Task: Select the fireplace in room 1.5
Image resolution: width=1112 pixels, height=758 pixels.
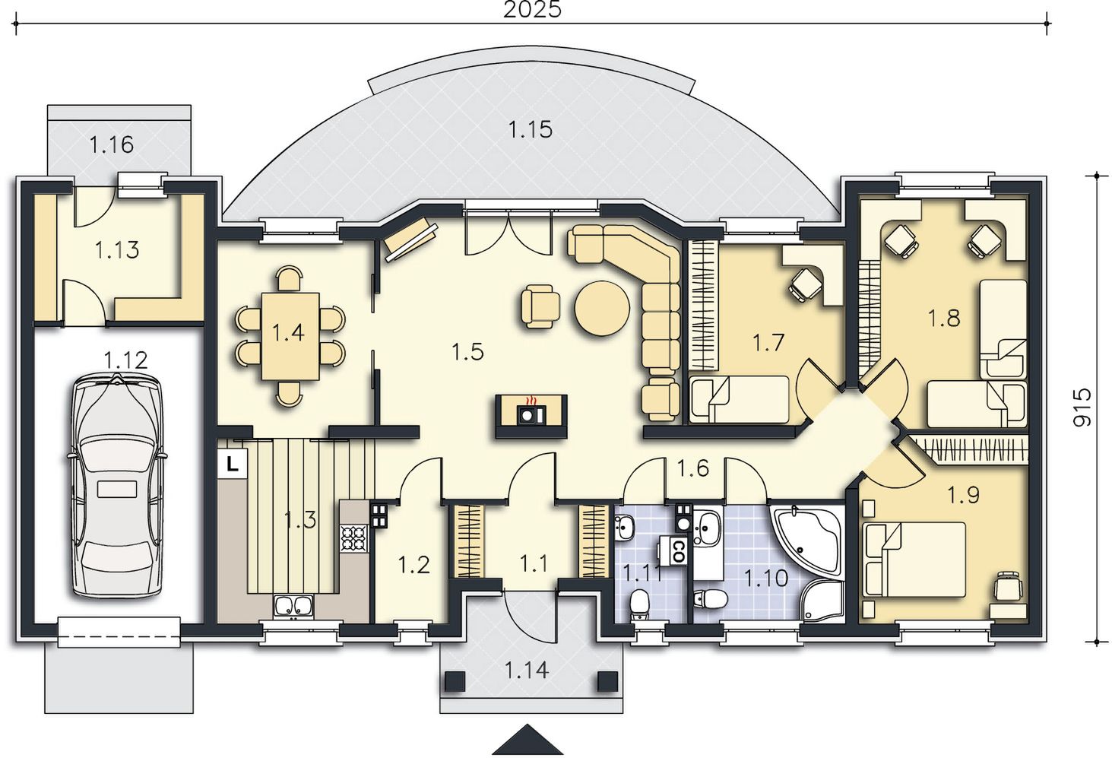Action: click(x=531, y=416)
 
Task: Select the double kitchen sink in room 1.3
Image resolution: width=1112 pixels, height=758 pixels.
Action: click(x=293, y=606)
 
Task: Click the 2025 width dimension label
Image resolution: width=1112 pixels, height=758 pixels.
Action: click(x=532, y=10)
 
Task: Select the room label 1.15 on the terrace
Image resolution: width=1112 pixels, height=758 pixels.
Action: click(x=531, y=129)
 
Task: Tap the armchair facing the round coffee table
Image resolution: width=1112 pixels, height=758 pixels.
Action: click(x=540, y=306)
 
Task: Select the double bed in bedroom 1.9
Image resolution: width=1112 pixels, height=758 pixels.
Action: click(x=915, y=560)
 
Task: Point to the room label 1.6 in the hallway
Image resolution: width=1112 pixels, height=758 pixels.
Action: click(x=693, y=468)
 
